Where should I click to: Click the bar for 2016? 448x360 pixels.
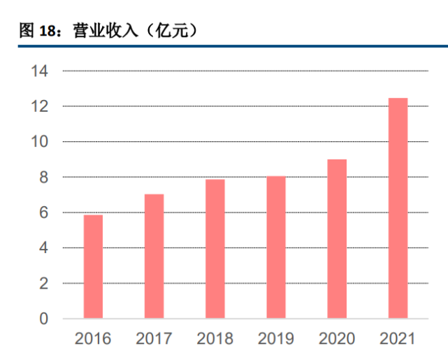click(x=93, y=266)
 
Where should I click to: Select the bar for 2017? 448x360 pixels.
click(x=154, y=256)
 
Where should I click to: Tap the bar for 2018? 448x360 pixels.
click(x=215, y=249)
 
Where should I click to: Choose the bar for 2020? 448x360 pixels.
click(x=337, y=238)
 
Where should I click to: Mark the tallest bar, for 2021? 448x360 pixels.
click(x=398, y=208)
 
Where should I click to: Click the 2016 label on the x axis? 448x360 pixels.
click(x=93, y=340)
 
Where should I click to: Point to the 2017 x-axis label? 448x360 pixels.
click(x=154, y=340)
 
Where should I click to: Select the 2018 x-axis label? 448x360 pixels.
click(x=215, y=340)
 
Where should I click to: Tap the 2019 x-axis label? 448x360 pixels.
click(x=276, y=340)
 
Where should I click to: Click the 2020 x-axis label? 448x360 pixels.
click(x=337, y=340)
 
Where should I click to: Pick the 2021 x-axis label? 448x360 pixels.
click(x=398, y=340)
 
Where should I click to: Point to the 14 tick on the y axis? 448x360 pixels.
click(x=38, y=71)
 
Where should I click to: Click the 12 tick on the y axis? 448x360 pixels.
click(x=38, y=106)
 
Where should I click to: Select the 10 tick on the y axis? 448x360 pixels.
click(x=38, y=142)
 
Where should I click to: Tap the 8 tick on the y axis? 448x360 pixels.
click(x=43, y=178)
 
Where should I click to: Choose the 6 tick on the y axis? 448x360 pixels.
click(x=43, y=213)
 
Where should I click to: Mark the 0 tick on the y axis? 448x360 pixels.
click(x=43, y=319)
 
